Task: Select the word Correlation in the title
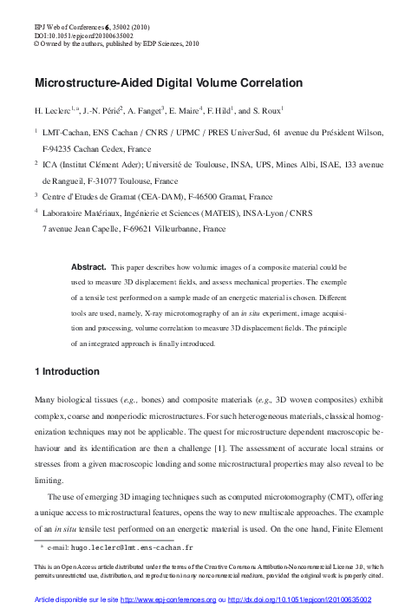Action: (x=264, y=84)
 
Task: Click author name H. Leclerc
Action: (x=53, y=111)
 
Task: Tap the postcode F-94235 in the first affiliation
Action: (x=61, y=148)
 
